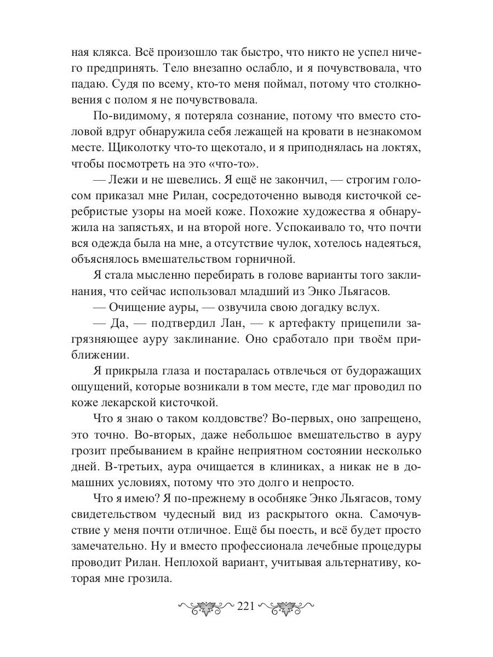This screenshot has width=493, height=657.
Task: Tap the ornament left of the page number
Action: pyautogui.click(x=205, y=607)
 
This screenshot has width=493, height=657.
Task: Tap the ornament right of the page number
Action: pyautogui.click(x=286, y=607)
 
